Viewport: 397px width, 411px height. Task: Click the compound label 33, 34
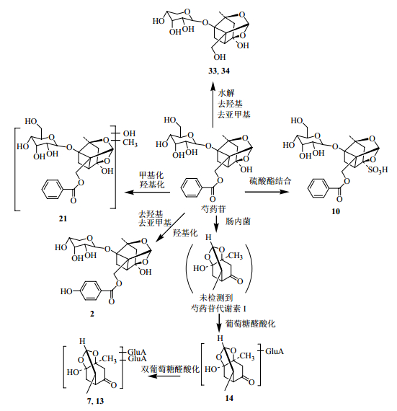point(219,71)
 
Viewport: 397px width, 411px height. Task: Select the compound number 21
point(63,218)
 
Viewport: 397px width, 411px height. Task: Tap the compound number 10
point(336,211)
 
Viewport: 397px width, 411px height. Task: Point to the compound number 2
point(92,314)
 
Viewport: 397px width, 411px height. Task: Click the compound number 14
point(229,398)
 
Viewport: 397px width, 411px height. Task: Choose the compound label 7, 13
point(95,401)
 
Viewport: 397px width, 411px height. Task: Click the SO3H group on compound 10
point(378,170)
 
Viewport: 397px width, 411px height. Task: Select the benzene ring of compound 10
point(318,189)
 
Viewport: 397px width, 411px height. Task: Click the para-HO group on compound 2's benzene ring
point(66,291)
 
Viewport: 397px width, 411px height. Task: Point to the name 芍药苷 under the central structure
point(213,209)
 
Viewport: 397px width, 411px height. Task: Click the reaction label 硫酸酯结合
point(270,180)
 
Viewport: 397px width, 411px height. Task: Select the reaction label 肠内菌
point(238,221)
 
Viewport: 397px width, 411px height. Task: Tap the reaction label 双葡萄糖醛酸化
point(170,369)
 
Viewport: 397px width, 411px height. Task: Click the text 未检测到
point(216,298)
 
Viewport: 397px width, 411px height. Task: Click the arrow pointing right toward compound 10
point(267,192)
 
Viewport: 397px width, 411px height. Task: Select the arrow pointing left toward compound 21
point(147,193)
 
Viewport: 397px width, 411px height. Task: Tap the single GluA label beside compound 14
point(275,351)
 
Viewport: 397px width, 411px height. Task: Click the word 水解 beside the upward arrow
point(226,93)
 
